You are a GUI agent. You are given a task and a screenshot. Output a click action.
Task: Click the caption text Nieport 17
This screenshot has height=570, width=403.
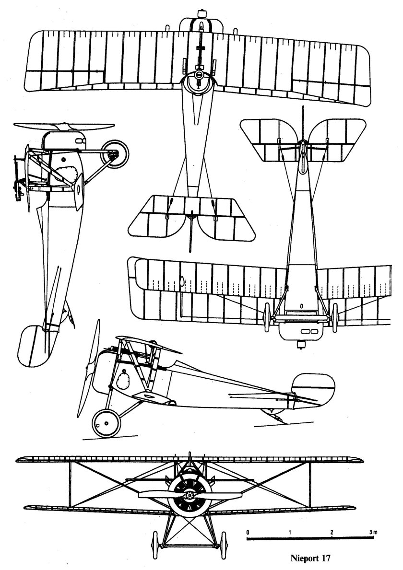[x=310, y=558]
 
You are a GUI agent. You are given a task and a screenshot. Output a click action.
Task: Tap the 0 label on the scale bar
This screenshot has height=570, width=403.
[x=248, y=532]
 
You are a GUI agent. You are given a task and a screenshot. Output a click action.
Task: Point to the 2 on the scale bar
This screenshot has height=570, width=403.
[x=332, y=532]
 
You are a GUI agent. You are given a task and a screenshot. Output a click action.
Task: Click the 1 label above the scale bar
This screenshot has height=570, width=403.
[x=290, y=532]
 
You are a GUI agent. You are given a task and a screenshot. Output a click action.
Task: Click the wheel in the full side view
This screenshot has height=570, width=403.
[x=106, y=422]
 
